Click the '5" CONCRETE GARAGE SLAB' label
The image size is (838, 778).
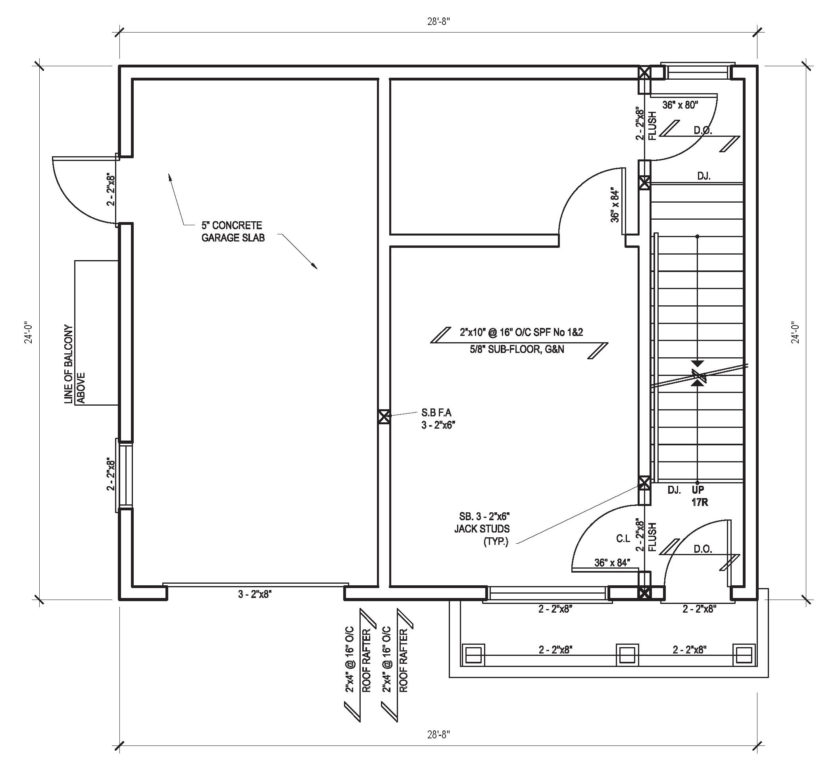pos(233,232)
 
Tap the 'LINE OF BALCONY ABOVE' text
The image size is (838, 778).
pos(75,364)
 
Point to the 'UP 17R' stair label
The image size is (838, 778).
pos(699,496)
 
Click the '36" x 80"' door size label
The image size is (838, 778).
pos(680,105)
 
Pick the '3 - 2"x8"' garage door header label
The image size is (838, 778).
pos(254,594)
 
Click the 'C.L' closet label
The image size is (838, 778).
pos(623,538)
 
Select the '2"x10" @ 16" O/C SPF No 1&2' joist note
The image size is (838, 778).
pos(521,332)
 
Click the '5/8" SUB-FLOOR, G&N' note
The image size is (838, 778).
pos(517,349)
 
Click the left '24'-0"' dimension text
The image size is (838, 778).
pos(29,333)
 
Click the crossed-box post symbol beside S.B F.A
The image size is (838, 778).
pos(383,417)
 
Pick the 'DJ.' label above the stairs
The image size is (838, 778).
pos(703,176)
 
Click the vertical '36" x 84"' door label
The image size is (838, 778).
pos(615,205)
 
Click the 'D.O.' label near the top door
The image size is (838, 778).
pos(703,130)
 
